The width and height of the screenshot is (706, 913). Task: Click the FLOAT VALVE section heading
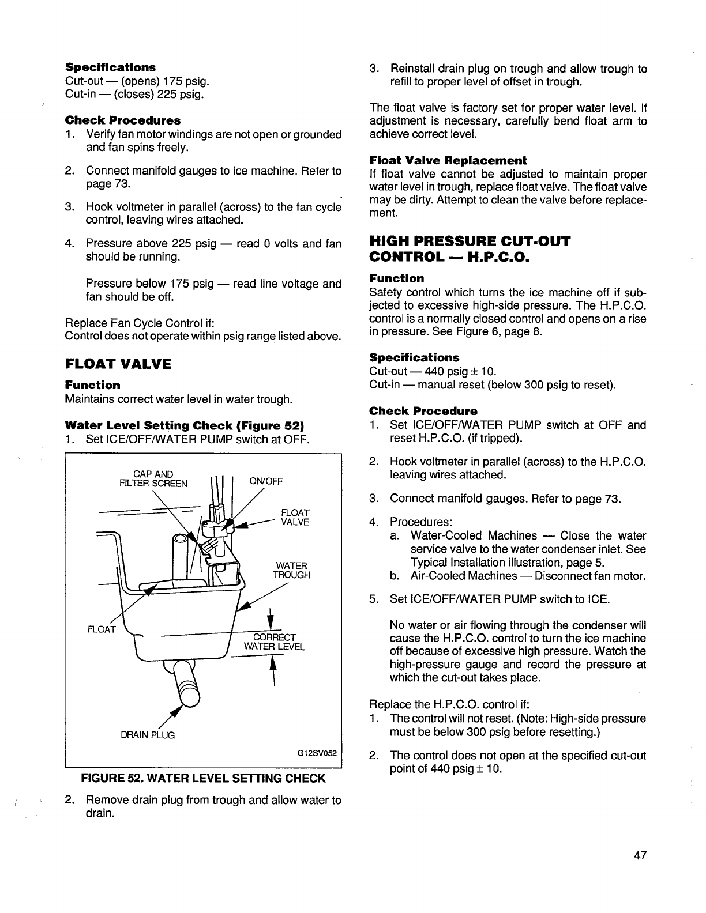coord(118,364)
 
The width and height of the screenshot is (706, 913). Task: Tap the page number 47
coord(639,856)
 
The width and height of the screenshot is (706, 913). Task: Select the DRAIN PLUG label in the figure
coord(148,735)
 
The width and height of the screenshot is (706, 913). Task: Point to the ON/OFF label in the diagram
coord(265,482)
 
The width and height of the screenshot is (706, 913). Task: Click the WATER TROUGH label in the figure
coord(291,570)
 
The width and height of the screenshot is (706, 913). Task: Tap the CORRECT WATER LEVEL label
coord(275,642)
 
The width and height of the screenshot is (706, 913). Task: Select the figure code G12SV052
coord(317,753)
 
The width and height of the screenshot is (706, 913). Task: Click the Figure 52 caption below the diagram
coord(203,779)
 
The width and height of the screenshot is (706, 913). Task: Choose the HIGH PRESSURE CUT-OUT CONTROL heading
coord(469,248)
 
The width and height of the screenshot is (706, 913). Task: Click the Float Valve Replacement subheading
coord(448,160)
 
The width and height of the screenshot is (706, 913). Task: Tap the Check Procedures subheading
coord(122,120)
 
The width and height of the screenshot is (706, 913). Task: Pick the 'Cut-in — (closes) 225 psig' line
coord(134,94)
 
